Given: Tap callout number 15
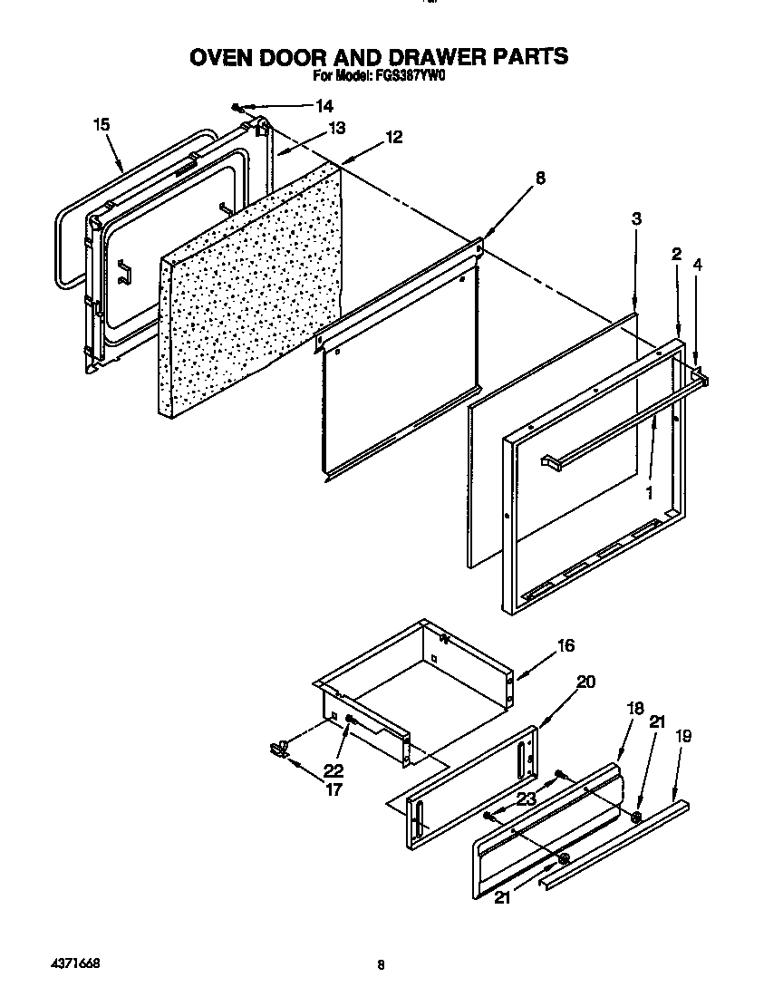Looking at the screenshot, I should tap(101, 124).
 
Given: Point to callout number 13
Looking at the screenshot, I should tap(336, 129).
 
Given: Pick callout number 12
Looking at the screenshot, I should tap(393, 137).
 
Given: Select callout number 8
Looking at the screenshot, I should tap(540, 179).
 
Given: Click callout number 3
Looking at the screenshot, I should tap(637, 218).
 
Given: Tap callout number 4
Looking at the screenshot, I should tap(697, 265).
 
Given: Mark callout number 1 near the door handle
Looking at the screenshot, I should tap(649, 493).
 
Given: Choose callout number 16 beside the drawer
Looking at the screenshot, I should tap(565, 646).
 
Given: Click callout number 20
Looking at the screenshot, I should tap(585, 682).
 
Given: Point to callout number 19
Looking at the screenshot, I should tap(682, 737).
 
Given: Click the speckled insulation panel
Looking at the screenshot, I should tap(254, 290).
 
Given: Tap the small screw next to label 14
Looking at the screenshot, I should tap(237, 105).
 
